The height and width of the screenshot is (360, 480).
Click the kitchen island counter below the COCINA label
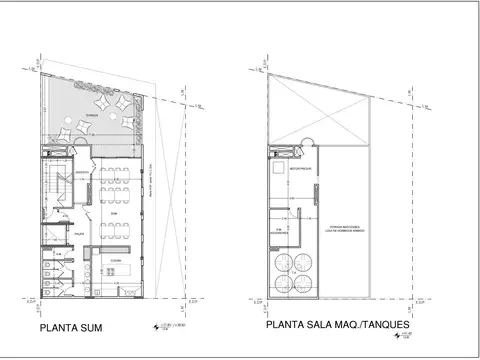(x=114, y=269)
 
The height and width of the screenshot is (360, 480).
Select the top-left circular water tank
(x=281, y=262)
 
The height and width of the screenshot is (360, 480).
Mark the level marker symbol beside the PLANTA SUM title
(x=153, y=325)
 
